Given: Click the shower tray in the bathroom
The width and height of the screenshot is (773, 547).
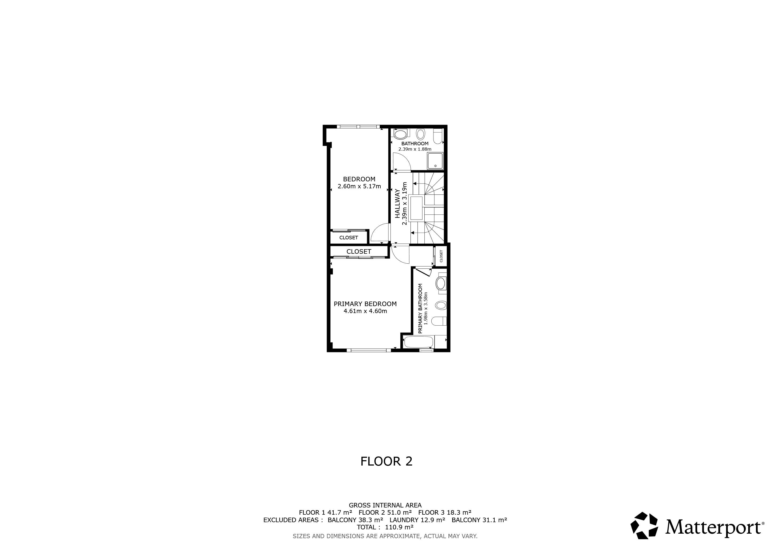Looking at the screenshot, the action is click(x=435, y=161).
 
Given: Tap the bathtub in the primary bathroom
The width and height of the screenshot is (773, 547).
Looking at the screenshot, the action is click(x=419, y=342).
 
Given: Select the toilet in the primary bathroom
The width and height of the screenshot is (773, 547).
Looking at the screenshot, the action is click(x=439, y=321).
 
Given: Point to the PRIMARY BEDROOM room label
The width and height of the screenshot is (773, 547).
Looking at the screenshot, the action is click(x=365, y=304).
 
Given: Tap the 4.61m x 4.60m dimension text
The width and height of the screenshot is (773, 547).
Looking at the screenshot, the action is click(x=365, y=311).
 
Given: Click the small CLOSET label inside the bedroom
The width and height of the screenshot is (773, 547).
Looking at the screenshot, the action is click(x=348, y=238).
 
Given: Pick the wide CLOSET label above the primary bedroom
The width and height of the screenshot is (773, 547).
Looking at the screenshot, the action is click(x=359, y=252).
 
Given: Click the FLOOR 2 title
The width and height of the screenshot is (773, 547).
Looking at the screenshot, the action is click(x=386, y=462).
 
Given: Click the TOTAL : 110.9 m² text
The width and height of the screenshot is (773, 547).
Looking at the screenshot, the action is click(x=385, y=527).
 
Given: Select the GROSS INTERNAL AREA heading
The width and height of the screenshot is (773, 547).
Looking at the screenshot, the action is click(x=385, y=505).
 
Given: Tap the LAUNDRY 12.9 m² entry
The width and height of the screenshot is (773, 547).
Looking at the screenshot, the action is click(x=417, y=520).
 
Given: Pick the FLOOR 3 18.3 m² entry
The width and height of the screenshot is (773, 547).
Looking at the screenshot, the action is click(x=445, y=513).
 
